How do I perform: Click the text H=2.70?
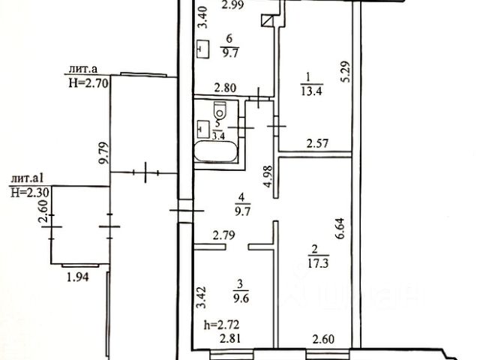tap(88, 83)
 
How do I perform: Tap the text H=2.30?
tap(28, 193)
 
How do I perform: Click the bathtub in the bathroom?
tap(215, 152)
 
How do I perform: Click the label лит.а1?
tap(30, 179)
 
